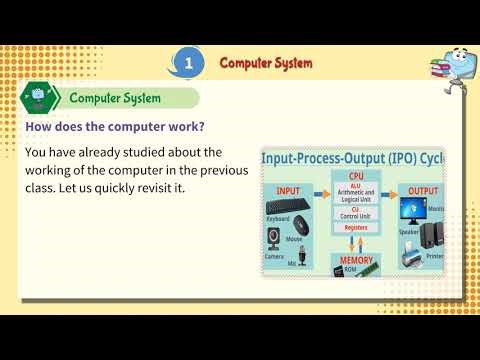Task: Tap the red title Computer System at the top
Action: [x=266, y=62]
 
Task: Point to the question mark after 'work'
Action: [x=203, y=126]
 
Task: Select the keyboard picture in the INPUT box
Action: [x=280, y=207]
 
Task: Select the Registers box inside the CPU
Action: [x=355, y=227]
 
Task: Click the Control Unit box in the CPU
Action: [x=355, y=211]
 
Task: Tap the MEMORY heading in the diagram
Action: [x=355, y=259]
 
